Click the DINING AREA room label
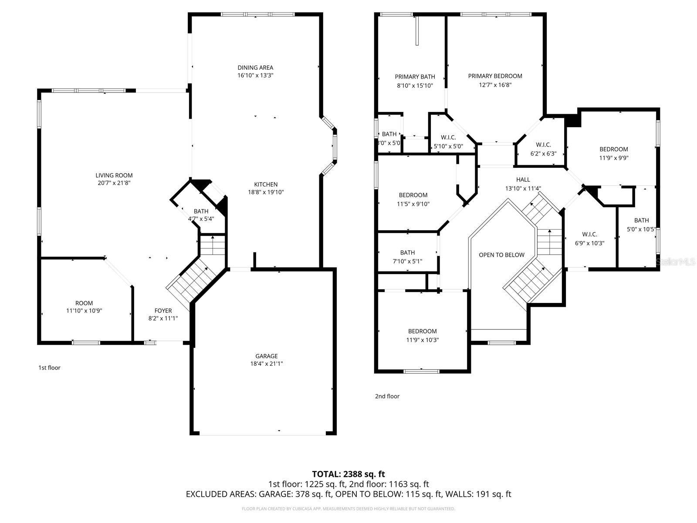point(255,68)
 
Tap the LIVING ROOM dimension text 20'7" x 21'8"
point(114,183)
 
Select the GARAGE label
point(266,356)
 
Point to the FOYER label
point(163,311)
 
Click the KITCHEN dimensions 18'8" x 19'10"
point(266,192)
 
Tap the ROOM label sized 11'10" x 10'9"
point(84,303)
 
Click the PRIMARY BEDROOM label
point(495,76)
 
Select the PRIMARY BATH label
point(415,77)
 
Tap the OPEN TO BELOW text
point(501,255)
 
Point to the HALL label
point(523,180)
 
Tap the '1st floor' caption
point(49,368)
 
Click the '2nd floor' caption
point(387,396)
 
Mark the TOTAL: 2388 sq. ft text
point(348,474)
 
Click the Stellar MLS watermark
point(675,262)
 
